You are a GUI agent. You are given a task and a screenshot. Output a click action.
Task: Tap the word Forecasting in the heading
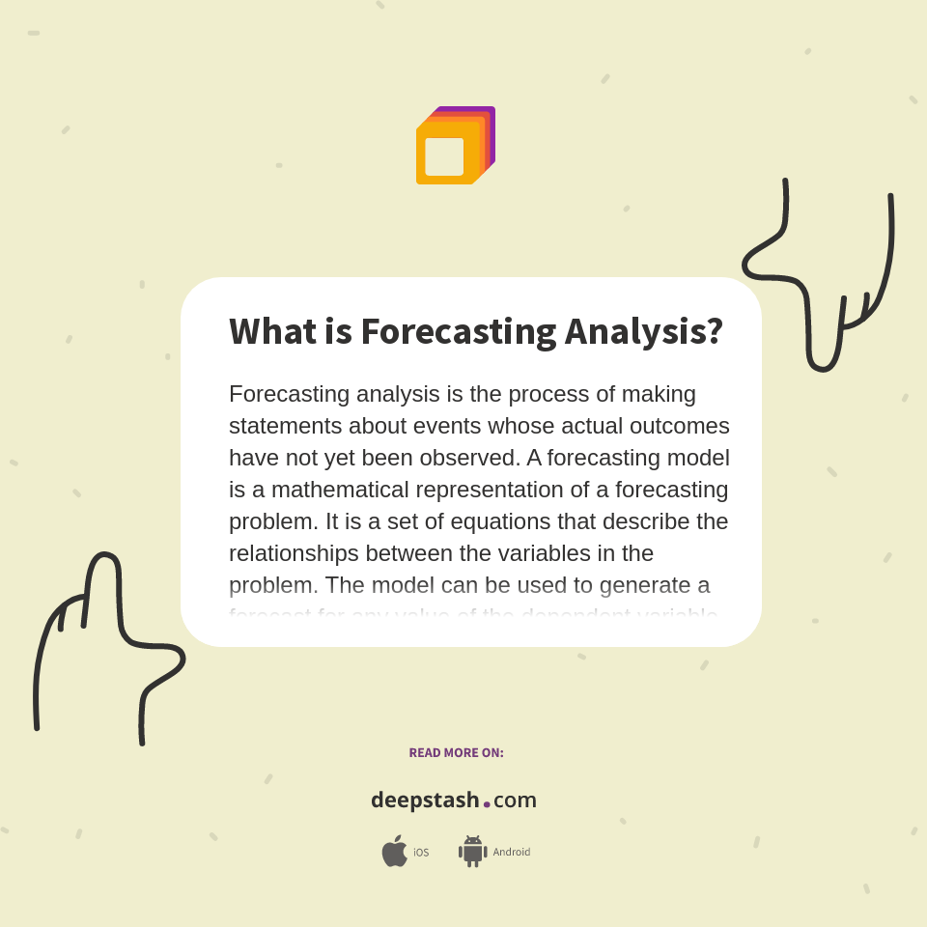click(x=459, y=331)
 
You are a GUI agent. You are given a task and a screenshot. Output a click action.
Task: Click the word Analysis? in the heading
click(x=643, y=331)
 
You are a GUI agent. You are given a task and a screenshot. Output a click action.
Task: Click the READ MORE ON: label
click(x=456, y=753)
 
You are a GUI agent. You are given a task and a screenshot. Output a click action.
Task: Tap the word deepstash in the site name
click(x=425, y=801)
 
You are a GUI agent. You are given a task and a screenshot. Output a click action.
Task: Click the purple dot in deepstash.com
click(x=487, y=803)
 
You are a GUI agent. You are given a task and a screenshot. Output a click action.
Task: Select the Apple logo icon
click(x=394, y=852)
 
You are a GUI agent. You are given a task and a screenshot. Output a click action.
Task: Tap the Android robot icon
click(x=472, y=852)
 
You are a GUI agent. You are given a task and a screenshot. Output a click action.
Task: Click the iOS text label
click(x=421, y=853)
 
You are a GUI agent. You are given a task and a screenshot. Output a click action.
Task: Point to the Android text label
click(x=511, y=853)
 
